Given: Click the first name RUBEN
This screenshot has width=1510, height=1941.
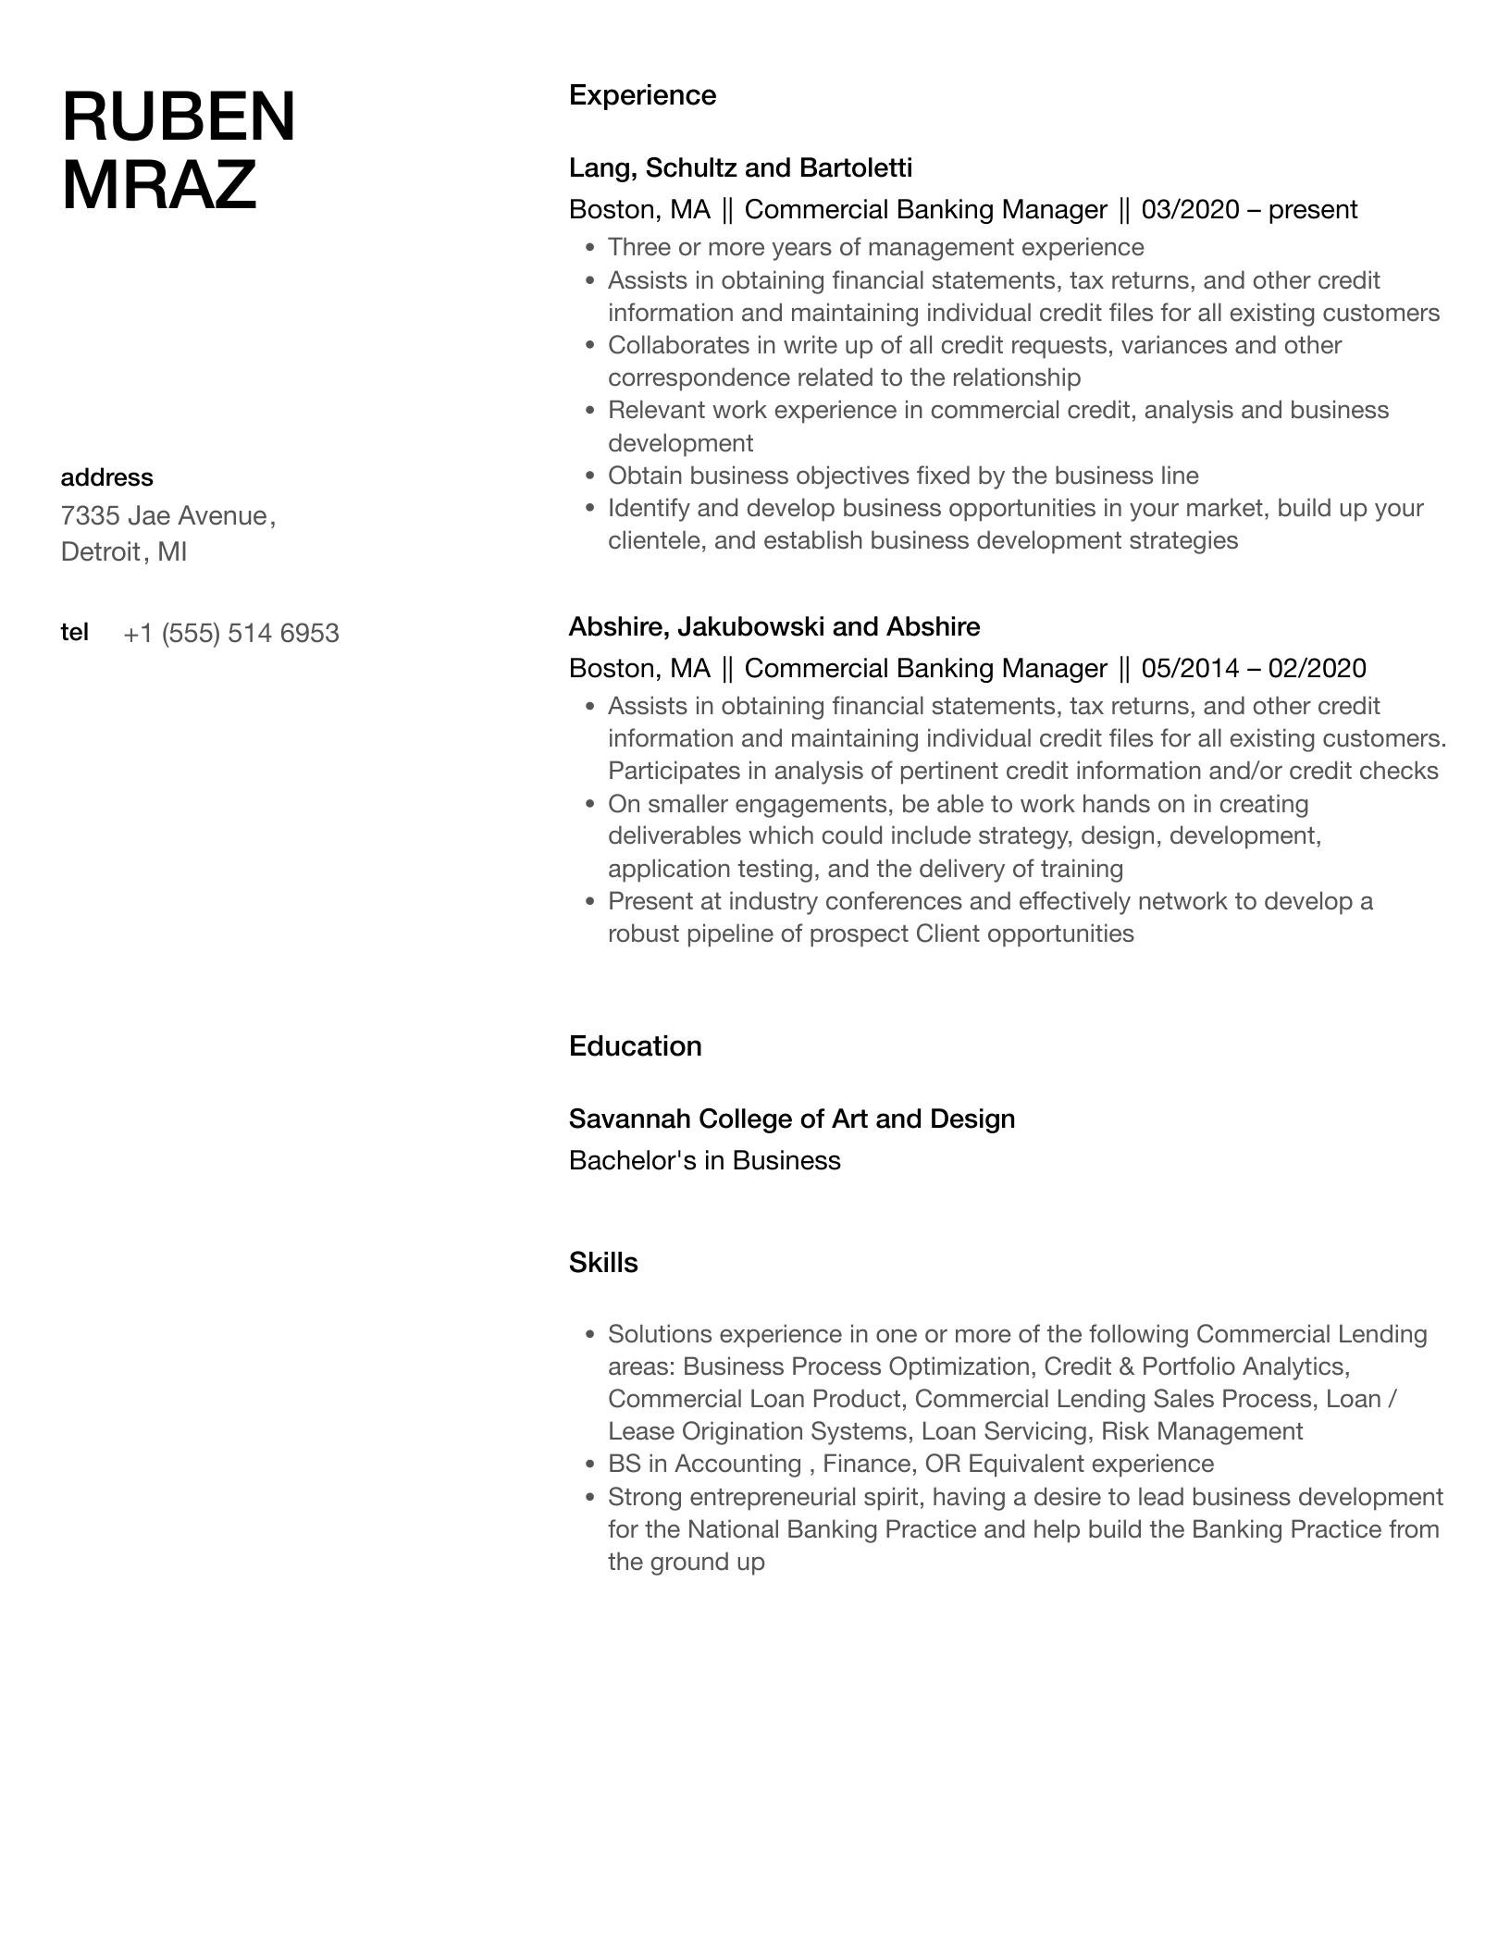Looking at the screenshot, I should [x=179, y=117].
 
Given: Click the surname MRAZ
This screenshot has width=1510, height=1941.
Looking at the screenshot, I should [x=158, y=185].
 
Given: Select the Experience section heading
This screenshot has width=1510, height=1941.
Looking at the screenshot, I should [x=642, y=95].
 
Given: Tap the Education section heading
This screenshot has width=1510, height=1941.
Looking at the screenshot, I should [x=635, y=1046].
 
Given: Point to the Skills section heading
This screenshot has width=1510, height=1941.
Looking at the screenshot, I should [x=603, y=1263].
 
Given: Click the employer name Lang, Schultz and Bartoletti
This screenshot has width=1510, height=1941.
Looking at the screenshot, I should [x=740, y=167].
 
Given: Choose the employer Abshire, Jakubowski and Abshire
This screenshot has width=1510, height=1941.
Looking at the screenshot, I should [x=774, y=626].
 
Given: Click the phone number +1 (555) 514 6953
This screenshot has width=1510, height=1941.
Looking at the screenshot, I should [x=230, y=634].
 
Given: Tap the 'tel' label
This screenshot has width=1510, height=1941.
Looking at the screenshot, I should [x=74, y=632].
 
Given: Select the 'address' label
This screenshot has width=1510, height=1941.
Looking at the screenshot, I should [x=106, y=477].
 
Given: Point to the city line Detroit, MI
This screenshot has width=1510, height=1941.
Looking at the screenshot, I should [x=124, y=552].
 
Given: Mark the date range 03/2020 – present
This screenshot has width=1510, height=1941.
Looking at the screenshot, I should [x=1249, y=210].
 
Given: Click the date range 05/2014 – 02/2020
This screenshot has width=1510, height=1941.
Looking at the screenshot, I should [x=1253, y=669].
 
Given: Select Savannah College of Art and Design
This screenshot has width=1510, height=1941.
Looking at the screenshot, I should [x=791, y=1119].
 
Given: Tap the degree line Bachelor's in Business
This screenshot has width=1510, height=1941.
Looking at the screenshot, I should [x=704, y=1161].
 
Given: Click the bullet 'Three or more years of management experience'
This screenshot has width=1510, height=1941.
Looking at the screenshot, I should [x=875, y=248].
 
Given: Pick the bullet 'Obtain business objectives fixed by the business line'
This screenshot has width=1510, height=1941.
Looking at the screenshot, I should [x=902, y=476].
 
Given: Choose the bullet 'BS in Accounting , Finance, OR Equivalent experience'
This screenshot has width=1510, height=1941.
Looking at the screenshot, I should [x=910, y=1464].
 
